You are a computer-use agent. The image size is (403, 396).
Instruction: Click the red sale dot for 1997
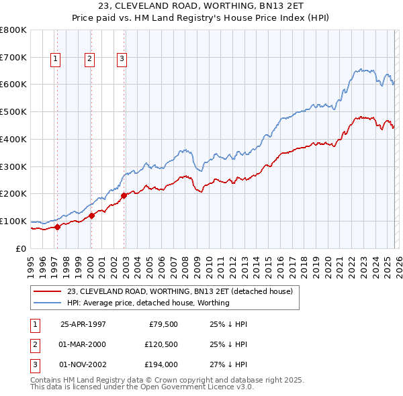pos(57,226)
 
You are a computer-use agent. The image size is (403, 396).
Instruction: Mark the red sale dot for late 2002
pos(124,195)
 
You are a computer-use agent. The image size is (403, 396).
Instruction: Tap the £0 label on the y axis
pos(21,248)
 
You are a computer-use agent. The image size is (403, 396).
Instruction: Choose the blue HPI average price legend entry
pos(148,303)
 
